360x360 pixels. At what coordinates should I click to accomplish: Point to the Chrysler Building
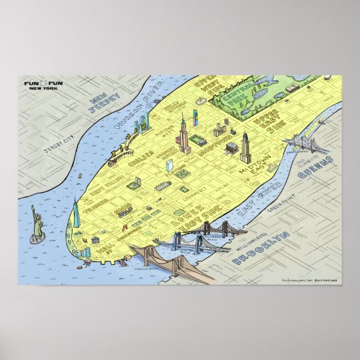click(x=245, y=147)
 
